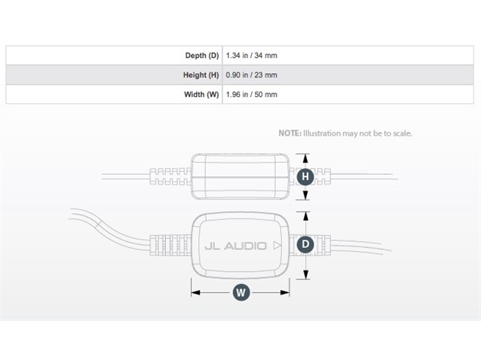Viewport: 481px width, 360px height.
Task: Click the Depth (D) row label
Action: tap(202, 56)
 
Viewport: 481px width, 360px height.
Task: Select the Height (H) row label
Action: tap(201, 75)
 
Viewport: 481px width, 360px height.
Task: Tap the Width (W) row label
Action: tap(201, 94)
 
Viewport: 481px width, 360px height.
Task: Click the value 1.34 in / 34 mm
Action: tap(252, 56)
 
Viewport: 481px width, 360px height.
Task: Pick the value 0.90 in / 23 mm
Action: tap(252, 75)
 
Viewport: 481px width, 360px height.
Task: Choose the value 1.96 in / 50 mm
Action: tap(252, 94)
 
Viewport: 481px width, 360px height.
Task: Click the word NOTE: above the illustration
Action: tap(290, 133)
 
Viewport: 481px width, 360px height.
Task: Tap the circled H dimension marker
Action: tap(305, 176)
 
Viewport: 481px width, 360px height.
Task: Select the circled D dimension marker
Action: tap(305, 245)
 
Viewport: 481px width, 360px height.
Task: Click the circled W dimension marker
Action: tap(241, 292)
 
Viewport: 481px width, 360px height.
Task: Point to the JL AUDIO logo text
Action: tap(235, 246)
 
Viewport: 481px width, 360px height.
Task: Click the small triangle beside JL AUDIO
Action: tap(277, 246)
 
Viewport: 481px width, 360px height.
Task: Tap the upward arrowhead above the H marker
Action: tap(305, 158)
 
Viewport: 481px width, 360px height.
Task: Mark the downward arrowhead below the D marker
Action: tap(305, 275)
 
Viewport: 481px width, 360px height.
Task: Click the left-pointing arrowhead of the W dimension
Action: tap(196, 293)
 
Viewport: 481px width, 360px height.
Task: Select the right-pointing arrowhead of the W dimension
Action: tap(285, 293)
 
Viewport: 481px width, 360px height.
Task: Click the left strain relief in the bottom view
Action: tap(170, 245)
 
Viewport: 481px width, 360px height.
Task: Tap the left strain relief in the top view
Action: tap(170, 176)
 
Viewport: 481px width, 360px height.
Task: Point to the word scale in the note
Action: tap(403, 133)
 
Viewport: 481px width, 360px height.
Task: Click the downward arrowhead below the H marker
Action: tap(305, 195)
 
